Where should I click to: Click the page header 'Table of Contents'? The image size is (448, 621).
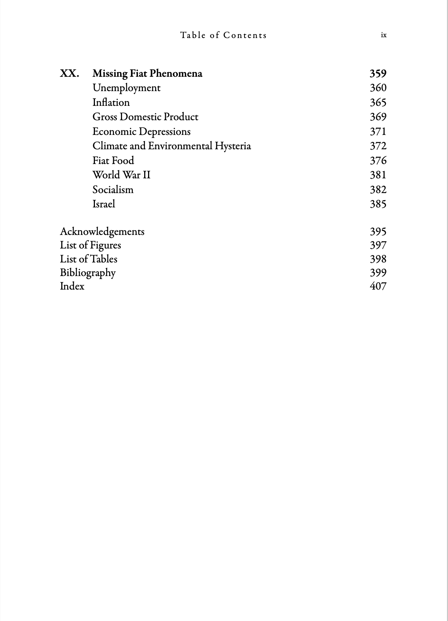coord(223,35)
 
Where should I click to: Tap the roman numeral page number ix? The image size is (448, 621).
coord(383,35)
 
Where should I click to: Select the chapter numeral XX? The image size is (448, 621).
coord(69,73)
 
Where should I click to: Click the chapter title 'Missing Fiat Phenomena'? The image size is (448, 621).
coord(147,73)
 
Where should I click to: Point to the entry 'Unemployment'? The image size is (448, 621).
coord(126,88)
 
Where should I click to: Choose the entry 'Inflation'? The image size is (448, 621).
coord(111,102)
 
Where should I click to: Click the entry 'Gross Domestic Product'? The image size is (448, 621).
coord(145,117)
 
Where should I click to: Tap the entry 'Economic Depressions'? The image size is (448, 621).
coord(141,131)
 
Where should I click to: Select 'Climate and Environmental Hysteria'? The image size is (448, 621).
coord(172,146)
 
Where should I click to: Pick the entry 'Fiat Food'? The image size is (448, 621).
coord(113,160)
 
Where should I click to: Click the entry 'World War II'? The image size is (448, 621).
coord(121,175)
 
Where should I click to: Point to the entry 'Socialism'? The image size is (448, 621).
coord(113,190)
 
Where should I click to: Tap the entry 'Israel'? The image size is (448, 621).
coord(104,204)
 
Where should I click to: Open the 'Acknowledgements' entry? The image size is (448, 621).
coord(102,231)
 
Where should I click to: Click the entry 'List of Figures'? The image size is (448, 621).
coord(90,245)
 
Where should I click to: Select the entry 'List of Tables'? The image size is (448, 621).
coord(88,259)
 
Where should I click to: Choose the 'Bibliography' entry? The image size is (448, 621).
coord(88,273)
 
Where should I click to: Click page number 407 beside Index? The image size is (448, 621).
coord(378,286)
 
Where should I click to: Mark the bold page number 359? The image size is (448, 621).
coord(378,73)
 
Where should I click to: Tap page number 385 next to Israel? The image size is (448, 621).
coord(378,204)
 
